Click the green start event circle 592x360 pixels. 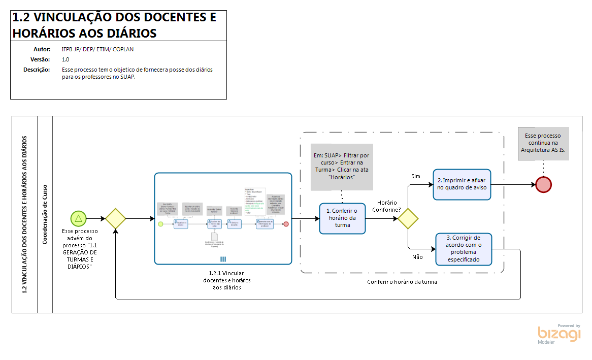[78, 219]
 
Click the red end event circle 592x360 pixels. [543, 184]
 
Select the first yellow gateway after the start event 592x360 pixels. [115, 219]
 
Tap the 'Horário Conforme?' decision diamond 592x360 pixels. [408, 219]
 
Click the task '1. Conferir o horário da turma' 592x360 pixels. [342, 218]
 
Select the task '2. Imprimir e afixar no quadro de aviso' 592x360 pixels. [462, 184]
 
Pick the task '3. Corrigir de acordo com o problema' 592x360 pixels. [464, 249]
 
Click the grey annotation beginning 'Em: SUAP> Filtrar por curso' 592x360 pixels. [342, 167]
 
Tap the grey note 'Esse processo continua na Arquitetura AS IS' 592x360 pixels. [543, 143]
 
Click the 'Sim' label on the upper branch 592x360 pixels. [415, 176]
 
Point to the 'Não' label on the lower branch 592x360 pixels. [417, 257]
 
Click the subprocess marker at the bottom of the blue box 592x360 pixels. [223, 259]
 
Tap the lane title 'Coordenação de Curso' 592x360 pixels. [45, 214]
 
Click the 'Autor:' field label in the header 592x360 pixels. [42, 50]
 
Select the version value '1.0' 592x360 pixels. [65, 59]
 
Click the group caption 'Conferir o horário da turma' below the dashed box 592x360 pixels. [402, 282]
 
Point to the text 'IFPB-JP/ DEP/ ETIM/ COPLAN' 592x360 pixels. [97, 50]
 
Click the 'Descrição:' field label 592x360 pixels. [37, 70]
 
